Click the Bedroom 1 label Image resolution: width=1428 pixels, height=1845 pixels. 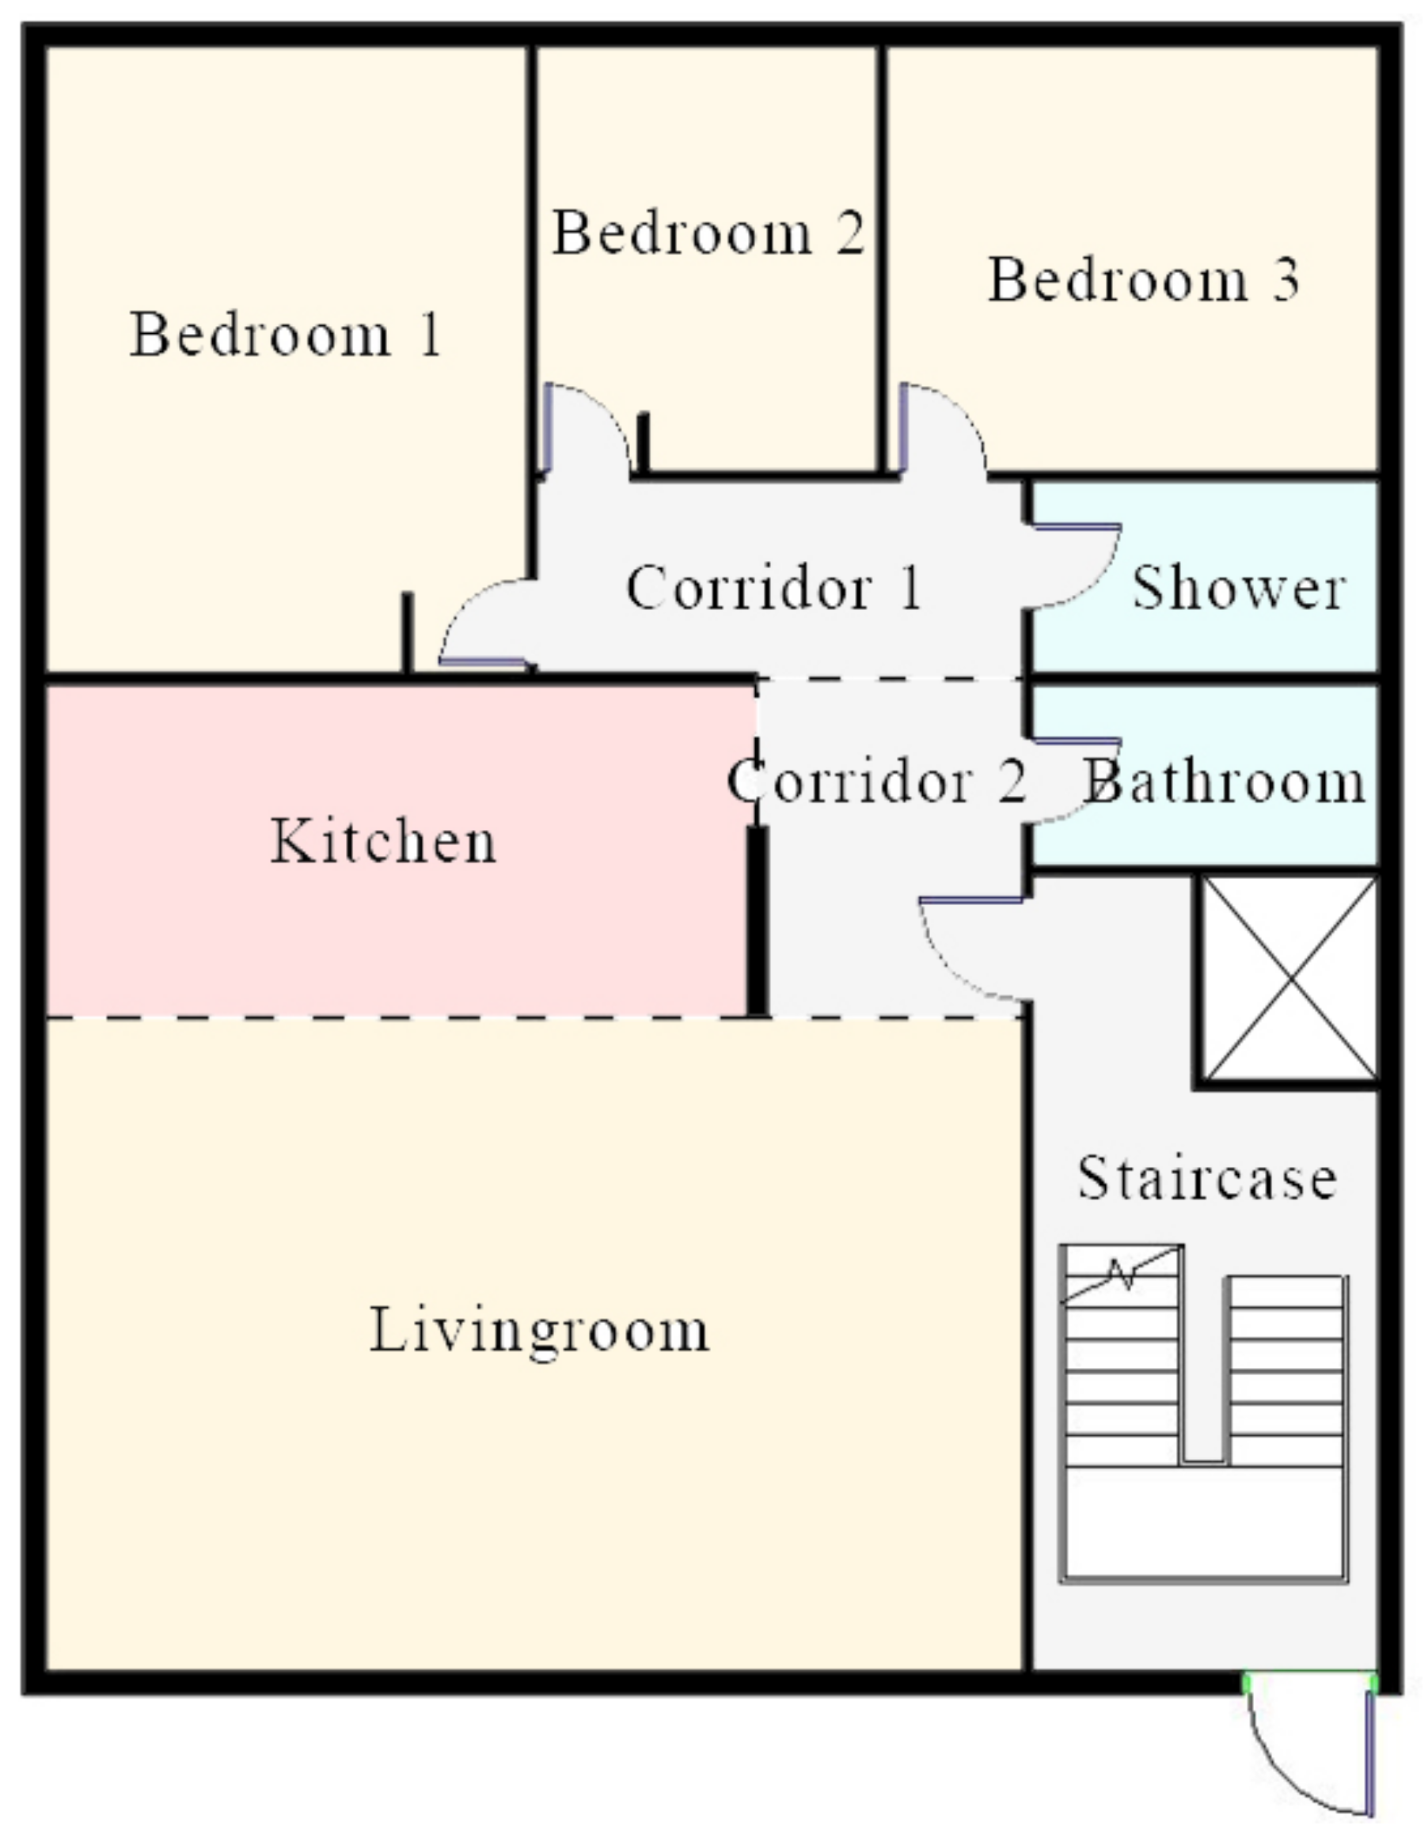click(286, 335)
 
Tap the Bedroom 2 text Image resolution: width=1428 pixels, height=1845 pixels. click(708, 233)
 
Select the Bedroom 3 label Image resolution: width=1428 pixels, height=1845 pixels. click(1143, 279)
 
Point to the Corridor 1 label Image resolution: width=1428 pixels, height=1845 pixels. click(773, 587)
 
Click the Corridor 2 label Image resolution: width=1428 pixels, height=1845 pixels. click(877, 781)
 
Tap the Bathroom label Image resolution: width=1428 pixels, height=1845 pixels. click(1225, 781)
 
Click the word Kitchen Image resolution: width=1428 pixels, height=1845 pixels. click(383, 840)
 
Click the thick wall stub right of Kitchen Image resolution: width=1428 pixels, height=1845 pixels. click(757, 921)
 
